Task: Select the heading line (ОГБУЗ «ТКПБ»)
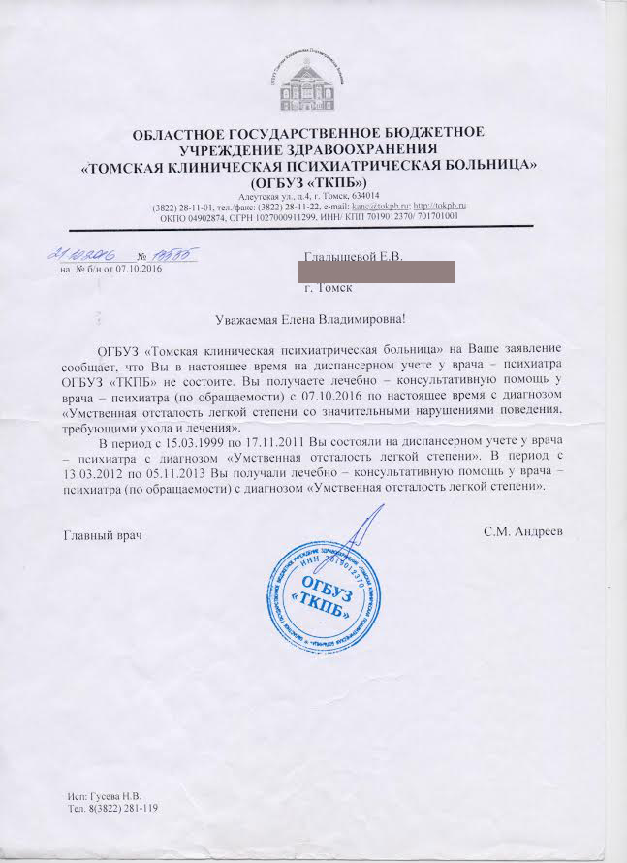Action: (306, 182)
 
